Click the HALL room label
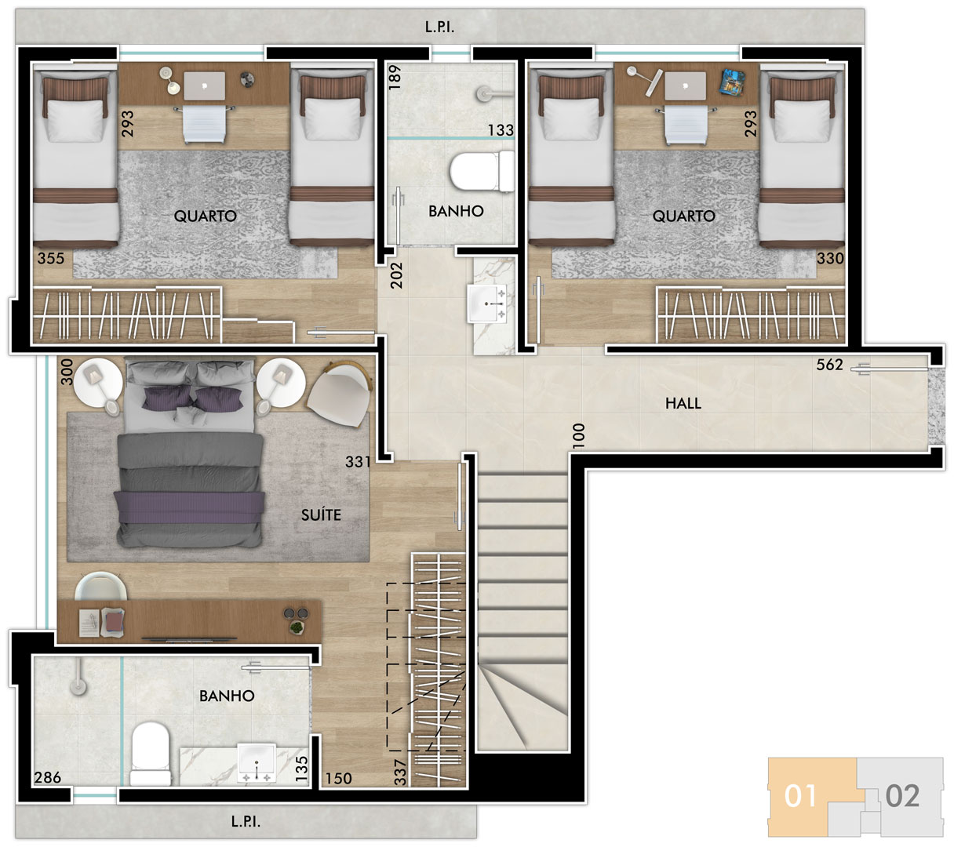click(x=683, y=403)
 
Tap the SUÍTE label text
click(x=321, y=514)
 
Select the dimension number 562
click(x=829, y=365)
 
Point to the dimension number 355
click(x=51, y=258)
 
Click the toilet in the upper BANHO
click(x=481, y=172)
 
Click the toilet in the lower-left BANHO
click(x=150, y=754)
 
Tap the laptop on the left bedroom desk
click(x=204, y=85)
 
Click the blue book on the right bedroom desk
click(x=732, y=81)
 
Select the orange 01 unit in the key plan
click(x=800, y=796)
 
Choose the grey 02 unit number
click(x=902, y=796)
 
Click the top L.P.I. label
click(x=439, y=27)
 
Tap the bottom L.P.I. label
click(x=246, y=822)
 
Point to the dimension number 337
click(x=400, y=772)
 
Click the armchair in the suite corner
click(x=340, y=394)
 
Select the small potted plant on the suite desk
click(x=297, y=627)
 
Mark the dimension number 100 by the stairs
click(x=579, y=435)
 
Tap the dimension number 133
click(x=501, y=130)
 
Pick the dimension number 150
click(x=339, y=778)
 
